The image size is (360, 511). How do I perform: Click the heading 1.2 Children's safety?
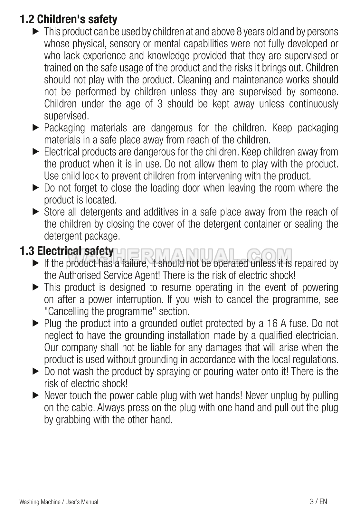click(68, 19)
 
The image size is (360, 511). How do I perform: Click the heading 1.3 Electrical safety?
click(67, 251)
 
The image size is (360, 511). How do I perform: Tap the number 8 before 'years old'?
click(239, 32)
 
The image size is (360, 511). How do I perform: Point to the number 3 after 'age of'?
click(159, 104)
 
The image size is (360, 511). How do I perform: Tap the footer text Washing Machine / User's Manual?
click(59, 502)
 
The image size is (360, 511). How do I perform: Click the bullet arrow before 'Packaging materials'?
click(36, 128)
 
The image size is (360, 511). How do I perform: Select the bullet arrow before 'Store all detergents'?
click(36, 212)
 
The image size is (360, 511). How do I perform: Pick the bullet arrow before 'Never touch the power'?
click(36, 395)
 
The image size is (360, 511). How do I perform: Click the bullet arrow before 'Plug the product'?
click(36, 323)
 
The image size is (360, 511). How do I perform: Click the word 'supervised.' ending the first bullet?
click(66, 116)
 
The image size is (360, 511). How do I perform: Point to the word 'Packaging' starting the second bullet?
click(64, 128)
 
